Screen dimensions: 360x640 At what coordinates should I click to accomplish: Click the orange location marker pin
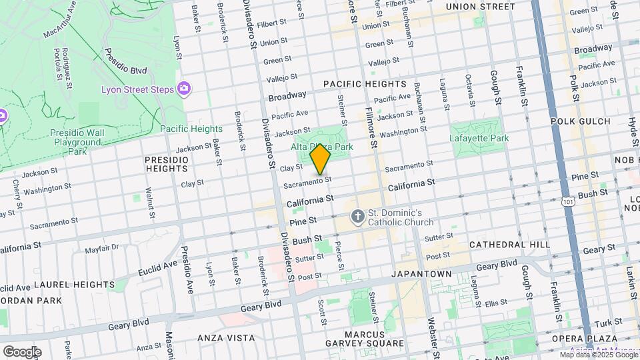[x=321, y=161]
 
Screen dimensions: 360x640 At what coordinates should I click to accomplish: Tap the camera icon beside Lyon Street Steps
[x=183, y=89]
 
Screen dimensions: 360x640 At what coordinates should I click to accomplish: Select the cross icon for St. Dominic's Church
[x=357, y=216]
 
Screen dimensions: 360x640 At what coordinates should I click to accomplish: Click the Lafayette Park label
[x=480, y=138]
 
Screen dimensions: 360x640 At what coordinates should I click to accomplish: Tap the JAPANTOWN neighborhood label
[x=421, y=274]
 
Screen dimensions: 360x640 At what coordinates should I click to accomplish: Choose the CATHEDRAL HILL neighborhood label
[x=510, y=245]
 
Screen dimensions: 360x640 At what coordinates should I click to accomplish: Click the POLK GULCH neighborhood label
[x=581, y=121]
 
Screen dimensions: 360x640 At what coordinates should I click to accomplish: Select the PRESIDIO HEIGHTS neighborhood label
[x=166, y=164]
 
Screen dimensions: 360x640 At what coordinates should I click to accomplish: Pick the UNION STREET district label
[x=480, y=7]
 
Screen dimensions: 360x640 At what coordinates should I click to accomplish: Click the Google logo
[x=21, y=351]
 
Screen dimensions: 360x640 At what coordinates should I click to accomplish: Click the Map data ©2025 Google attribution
[x=599, y=355]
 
